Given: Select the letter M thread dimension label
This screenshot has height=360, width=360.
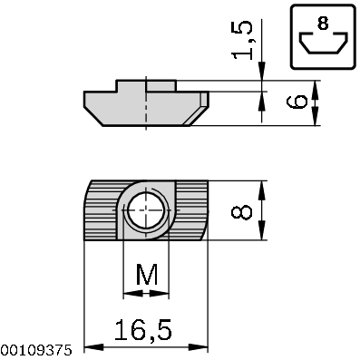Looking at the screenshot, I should (x=145, y=274).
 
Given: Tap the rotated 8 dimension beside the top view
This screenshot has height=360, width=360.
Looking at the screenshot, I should (x=241, y=211).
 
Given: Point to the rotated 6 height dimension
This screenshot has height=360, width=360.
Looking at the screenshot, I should (x=296, y=102).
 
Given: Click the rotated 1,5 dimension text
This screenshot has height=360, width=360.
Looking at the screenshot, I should (x=242, y=40).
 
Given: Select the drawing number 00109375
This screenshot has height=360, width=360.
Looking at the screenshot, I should (x=35, y=349).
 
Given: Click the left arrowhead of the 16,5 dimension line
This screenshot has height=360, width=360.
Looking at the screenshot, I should (x=89, y=347).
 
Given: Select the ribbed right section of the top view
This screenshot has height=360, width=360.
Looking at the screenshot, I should (x=190, y=211).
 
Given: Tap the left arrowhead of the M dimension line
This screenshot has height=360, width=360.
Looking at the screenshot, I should (x=126, y=294).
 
